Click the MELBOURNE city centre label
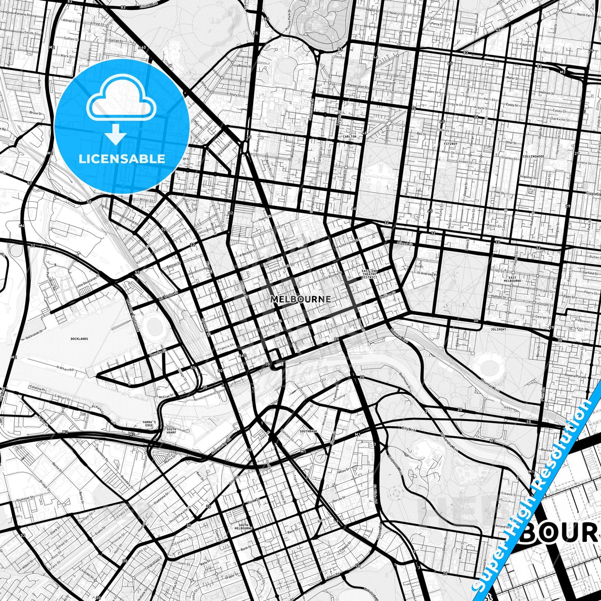point(301,299)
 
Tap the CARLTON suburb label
point(350,136)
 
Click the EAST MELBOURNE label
point(512,279)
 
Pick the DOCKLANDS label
point(79,339)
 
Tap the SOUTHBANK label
point(308,431)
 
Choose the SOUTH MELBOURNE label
point(243,527)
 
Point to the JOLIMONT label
point(498,329)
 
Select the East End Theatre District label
point(369,274)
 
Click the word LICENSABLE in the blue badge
point(122,158)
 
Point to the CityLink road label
point(408,429)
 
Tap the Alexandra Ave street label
point(449,446)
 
